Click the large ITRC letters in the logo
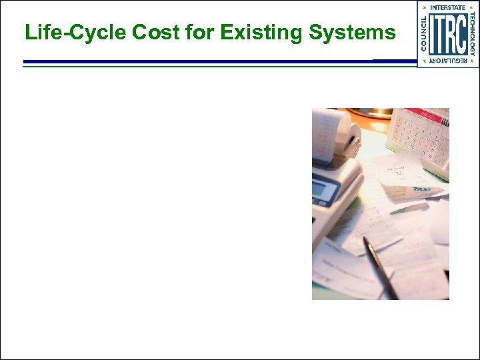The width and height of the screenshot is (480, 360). point(447,34)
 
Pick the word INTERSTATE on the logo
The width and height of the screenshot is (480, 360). point(448,7)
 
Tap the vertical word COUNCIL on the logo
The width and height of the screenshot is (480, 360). point(424,33)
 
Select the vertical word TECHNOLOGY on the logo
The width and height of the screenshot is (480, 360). point(472,33)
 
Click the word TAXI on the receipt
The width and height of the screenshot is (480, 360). point(421,189)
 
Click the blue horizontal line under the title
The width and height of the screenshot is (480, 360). point(200,61)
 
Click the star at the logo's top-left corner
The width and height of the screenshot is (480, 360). point(422,7)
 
